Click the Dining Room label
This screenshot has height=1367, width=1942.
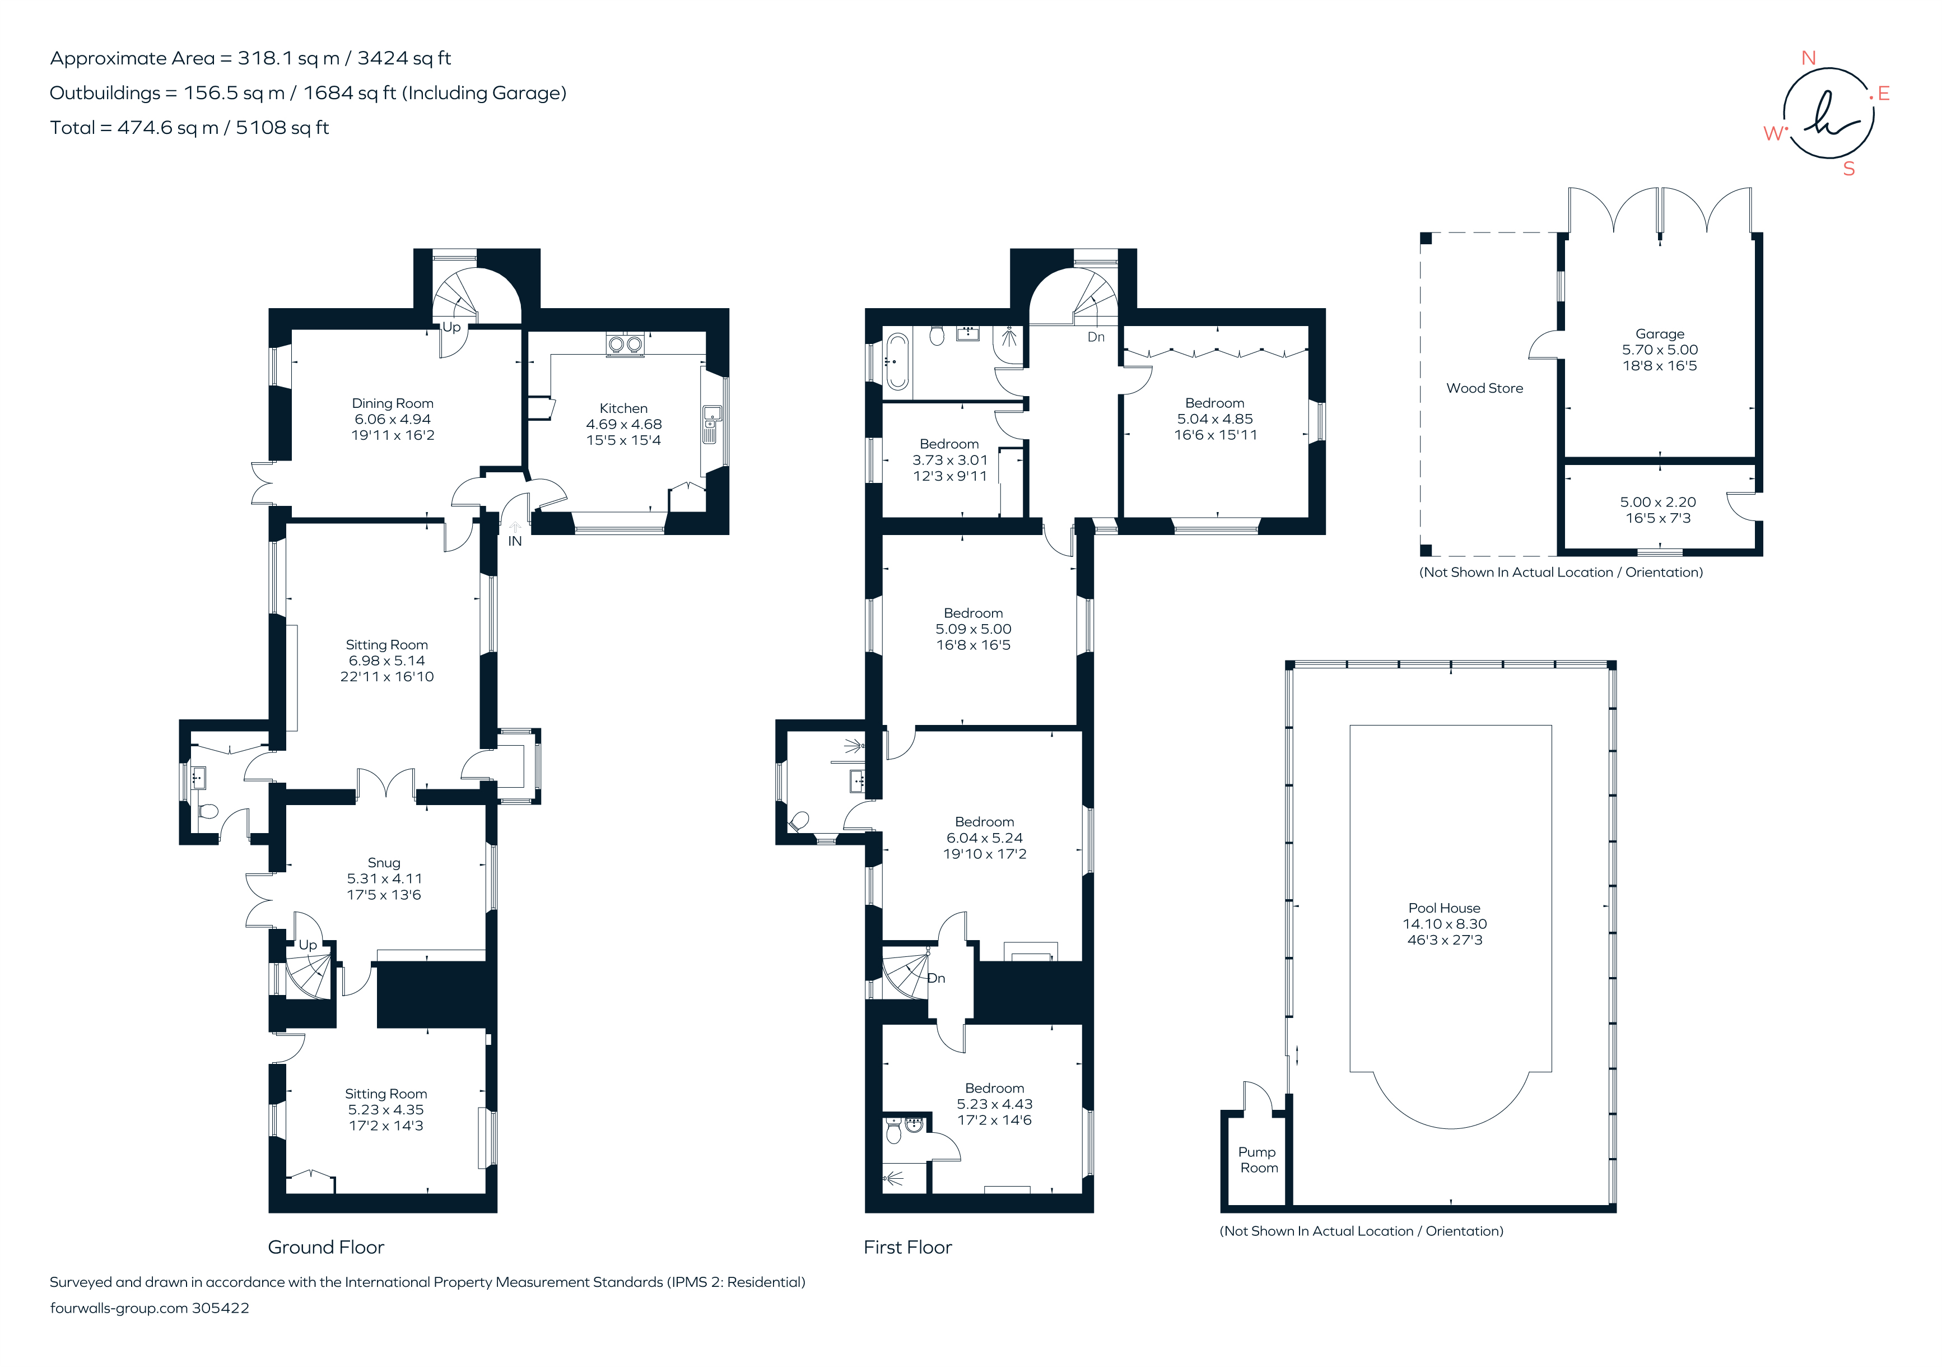point(393,403)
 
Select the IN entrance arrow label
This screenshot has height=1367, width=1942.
point(514,541)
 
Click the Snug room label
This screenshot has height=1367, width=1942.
point(384,863)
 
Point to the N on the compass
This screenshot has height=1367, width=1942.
point(1808,58)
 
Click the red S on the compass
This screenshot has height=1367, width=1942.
point(1849,169)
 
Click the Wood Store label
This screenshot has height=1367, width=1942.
point(1484,388)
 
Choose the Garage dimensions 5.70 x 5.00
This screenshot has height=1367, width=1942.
point(1660,350)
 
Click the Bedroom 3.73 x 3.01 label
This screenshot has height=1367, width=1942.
point(949,445)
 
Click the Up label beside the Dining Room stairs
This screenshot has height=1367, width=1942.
point(451,327)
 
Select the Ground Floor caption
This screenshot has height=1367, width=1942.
point(325,1247)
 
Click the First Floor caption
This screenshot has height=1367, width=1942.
point(907,1247)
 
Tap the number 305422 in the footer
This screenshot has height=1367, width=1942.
point(221,1308)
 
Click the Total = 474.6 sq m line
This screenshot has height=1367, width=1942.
point(189,128)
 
